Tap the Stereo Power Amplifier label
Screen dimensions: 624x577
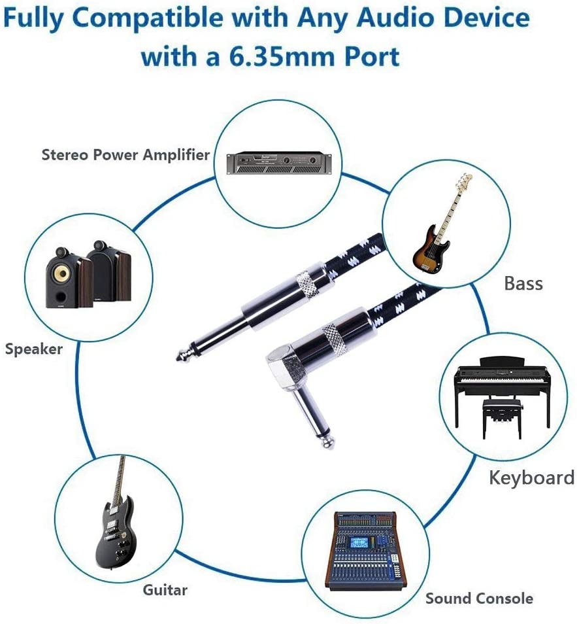(x=125, y=155)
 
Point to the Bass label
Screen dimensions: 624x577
(x=523, y=283)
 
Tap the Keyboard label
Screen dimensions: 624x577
(x=531, y=477)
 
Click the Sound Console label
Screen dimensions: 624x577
(x=479, y=598)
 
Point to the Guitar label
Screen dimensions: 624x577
(x=165, y=590)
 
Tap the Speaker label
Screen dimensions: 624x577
(x=34, y=349)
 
